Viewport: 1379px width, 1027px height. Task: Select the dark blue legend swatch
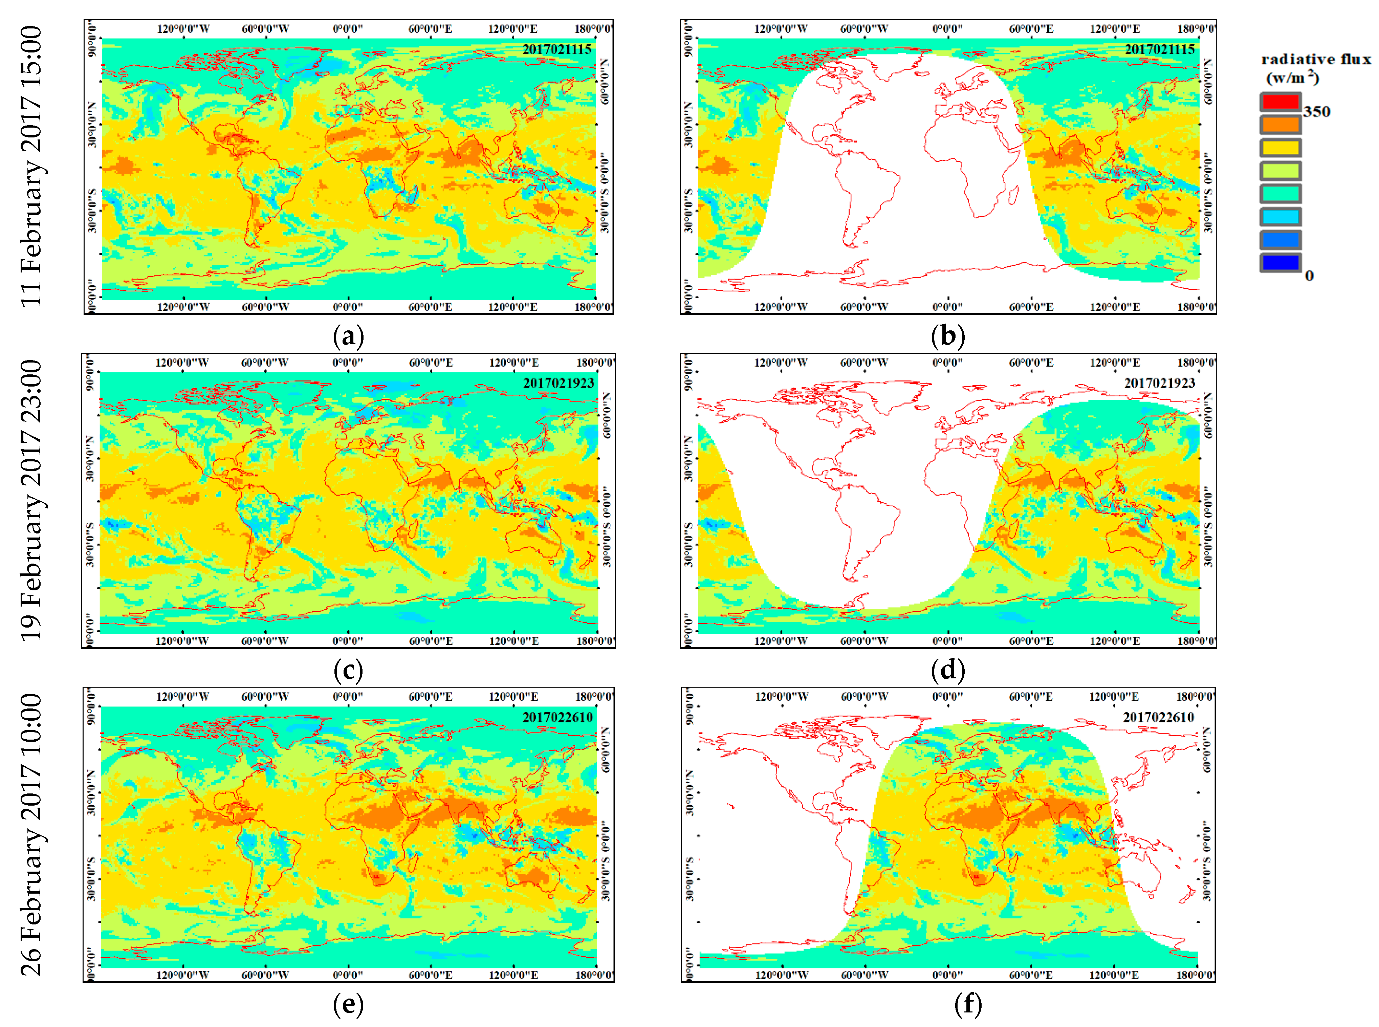(1279, 262)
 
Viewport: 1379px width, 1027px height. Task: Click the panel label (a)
(348, 336)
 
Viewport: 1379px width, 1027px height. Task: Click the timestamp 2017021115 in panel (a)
(556, 49)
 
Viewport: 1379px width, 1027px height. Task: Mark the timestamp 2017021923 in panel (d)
(1159, 383)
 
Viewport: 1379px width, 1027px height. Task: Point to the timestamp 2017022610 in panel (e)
(557, 717)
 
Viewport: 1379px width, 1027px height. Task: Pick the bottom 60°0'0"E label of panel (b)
(1031, 307)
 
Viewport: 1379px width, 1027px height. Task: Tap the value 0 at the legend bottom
(1309, 276)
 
